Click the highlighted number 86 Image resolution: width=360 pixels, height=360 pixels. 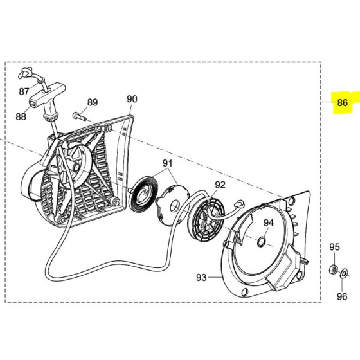342,102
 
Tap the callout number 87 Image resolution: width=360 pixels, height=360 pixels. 24,91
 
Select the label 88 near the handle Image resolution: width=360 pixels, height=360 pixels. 21,116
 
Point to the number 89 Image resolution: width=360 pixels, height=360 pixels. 93,102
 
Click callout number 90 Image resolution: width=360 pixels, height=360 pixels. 132,99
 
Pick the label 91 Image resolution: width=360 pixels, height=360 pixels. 167,163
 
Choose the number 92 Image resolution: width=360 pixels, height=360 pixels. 220,185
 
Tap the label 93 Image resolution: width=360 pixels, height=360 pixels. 201,278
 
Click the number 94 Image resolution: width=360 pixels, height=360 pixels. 269,222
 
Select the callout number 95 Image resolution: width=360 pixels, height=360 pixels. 334,247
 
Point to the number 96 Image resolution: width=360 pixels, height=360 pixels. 342,296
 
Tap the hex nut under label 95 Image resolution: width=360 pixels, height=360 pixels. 334,269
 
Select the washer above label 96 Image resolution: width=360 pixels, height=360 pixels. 344,273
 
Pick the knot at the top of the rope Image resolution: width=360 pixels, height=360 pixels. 25,73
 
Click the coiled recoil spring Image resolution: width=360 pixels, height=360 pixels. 143,192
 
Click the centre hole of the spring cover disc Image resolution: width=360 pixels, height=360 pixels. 176,205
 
